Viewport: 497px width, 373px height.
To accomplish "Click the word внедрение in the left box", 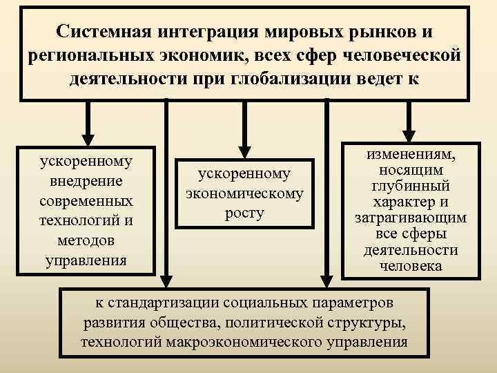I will [86, 181].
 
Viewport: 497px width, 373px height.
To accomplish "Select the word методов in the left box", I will [86, 240].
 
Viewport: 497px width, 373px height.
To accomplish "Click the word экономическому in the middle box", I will [244, 194].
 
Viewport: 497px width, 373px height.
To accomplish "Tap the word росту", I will [244, 213].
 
